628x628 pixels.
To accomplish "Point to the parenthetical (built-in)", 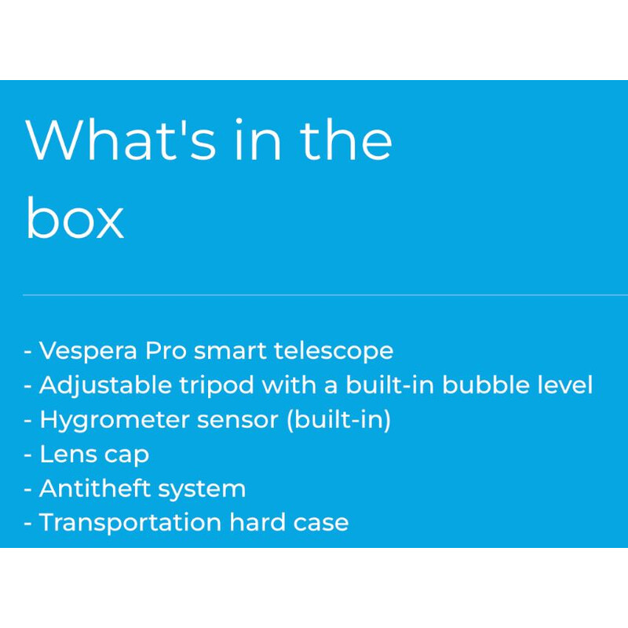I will tap(339, 420).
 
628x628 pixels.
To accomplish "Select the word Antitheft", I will tap(94, 488).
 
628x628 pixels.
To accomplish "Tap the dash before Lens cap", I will tap(28, 455).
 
